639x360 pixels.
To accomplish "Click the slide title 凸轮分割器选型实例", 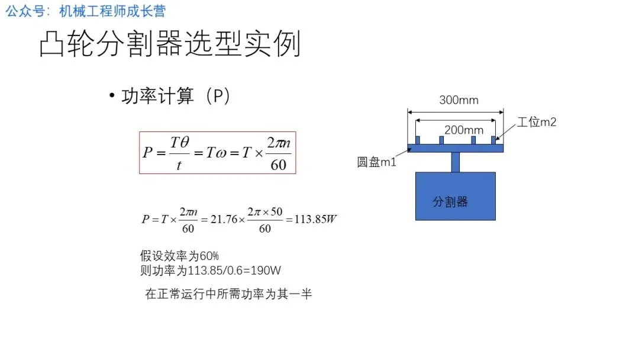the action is (170, 44).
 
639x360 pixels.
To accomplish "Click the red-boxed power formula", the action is (217, 153).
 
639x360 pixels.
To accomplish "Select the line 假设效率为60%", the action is (179, 256).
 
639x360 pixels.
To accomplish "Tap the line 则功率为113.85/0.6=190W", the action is (210, 271).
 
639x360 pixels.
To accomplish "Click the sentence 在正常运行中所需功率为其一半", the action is (228, 294).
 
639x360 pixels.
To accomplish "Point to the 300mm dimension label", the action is (459, 100).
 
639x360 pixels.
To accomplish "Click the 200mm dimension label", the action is (464, 130).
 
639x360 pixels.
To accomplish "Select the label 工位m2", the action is (537, 123).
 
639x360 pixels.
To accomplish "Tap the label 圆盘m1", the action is (376, 162).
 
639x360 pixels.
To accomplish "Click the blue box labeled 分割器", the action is (455, 196).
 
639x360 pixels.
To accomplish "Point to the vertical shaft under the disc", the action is (456, 162).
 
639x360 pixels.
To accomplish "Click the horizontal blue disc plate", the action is (455, 148).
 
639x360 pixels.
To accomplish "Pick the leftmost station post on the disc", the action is (417, 140).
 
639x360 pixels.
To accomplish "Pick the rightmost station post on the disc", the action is (493, 140).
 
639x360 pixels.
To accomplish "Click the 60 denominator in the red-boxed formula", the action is (278, 165).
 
